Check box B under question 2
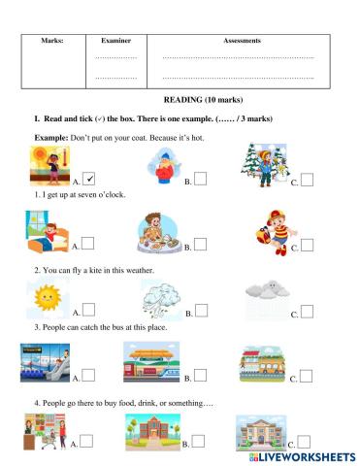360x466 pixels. tap(199, 311)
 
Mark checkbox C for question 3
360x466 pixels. tap(307, 376)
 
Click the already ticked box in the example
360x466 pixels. tap(88, 178)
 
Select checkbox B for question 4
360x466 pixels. tap(199, 442)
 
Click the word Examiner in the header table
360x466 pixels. tap(115, 42)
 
